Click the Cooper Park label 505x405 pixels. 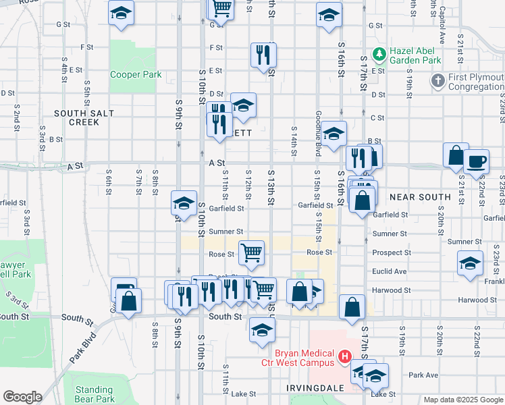(x=136, y=74)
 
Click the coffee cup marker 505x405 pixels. (x=477, y=161)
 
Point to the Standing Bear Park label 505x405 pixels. (x=94, y=394)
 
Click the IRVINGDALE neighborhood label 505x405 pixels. (x=316, y=388)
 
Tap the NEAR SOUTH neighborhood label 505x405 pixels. (x=419, y=197)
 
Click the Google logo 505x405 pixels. (x=22, y=396)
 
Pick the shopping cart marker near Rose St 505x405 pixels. (x=252, y=253)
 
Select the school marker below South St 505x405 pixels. (x=262, y=331)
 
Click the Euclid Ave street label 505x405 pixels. (x=390, y=271)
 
